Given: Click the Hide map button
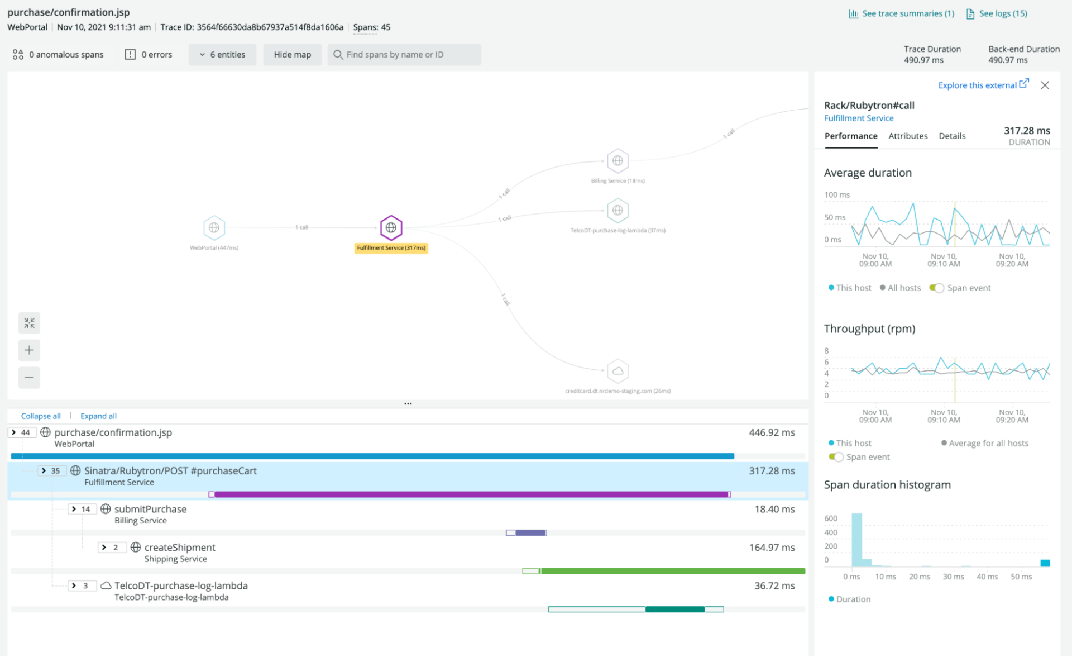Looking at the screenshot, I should tap(292, 55).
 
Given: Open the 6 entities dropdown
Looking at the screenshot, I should tap(222, 55).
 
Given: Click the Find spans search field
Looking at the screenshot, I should tap(404, 55).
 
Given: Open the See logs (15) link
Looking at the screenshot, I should tap(997, 13).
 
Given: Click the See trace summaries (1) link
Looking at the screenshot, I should tap(902, 13).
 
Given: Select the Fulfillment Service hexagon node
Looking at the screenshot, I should tap(391, 227).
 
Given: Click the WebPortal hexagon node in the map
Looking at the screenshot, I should tap(214, 227).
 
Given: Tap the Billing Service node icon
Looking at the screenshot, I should tap(618, 161).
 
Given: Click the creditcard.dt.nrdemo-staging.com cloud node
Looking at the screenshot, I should tap(618, 371).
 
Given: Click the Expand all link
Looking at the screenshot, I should tap(98, 416).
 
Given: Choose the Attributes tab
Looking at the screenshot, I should tap(908, 136).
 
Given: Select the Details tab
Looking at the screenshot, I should tap(952, 136).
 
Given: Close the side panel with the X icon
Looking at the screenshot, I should tap(1045, 85).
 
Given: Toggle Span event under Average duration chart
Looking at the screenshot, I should tap(936, 288).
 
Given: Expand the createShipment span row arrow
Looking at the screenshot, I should tap(104, 547).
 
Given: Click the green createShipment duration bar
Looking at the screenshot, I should tap(670, 571).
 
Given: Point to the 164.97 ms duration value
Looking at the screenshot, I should tap(772, 547).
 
